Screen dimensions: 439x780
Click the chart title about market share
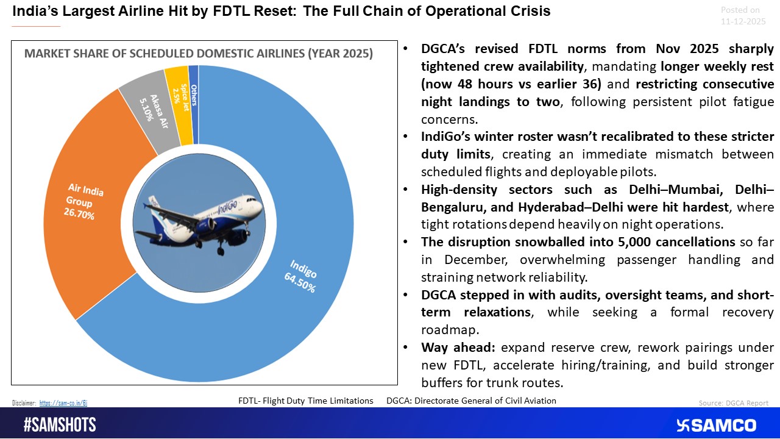[x=198, y=54]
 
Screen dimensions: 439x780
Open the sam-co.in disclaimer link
[x=63, y=403]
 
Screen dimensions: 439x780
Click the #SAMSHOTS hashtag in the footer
[x=60, y=425]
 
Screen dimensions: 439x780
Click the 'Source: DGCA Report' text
[x=733, y=403]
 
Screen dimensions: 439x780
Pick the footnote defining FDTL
[x=305, y=401]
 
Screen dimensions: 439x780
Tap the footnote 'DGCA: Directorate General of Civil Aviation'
[x=471, y=401]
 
